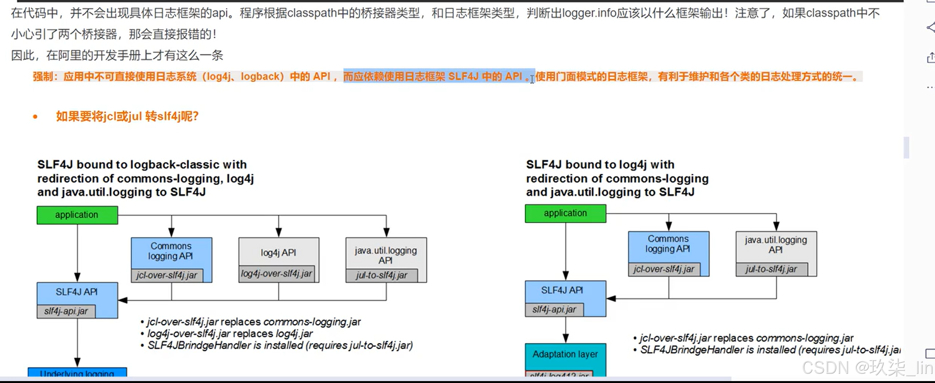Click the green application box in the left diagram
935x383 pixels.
77,215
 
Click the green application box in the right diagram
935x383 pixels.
565,213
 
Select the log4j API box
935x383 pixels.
278,253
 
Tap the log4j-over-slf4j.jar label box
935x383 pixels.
277,274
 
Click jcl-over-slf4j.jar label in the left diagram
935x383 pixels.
167,275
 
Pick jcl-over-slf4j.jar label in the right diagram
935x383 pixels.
664,269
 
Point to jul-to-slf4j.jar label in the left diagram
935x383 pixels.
382,275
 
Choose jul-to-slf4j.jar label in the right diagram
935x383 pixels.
771,269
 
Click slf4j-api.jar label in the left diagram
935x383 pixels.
66,311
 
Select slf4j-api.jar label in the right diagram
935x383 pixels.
554,309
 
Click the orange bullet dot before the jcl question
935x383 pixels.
35,117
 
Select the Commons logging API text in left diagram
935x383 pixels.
171,251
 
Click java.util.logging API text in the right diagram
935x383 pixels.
776,245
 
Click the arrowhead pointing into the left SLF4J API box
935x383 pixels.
122,300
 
